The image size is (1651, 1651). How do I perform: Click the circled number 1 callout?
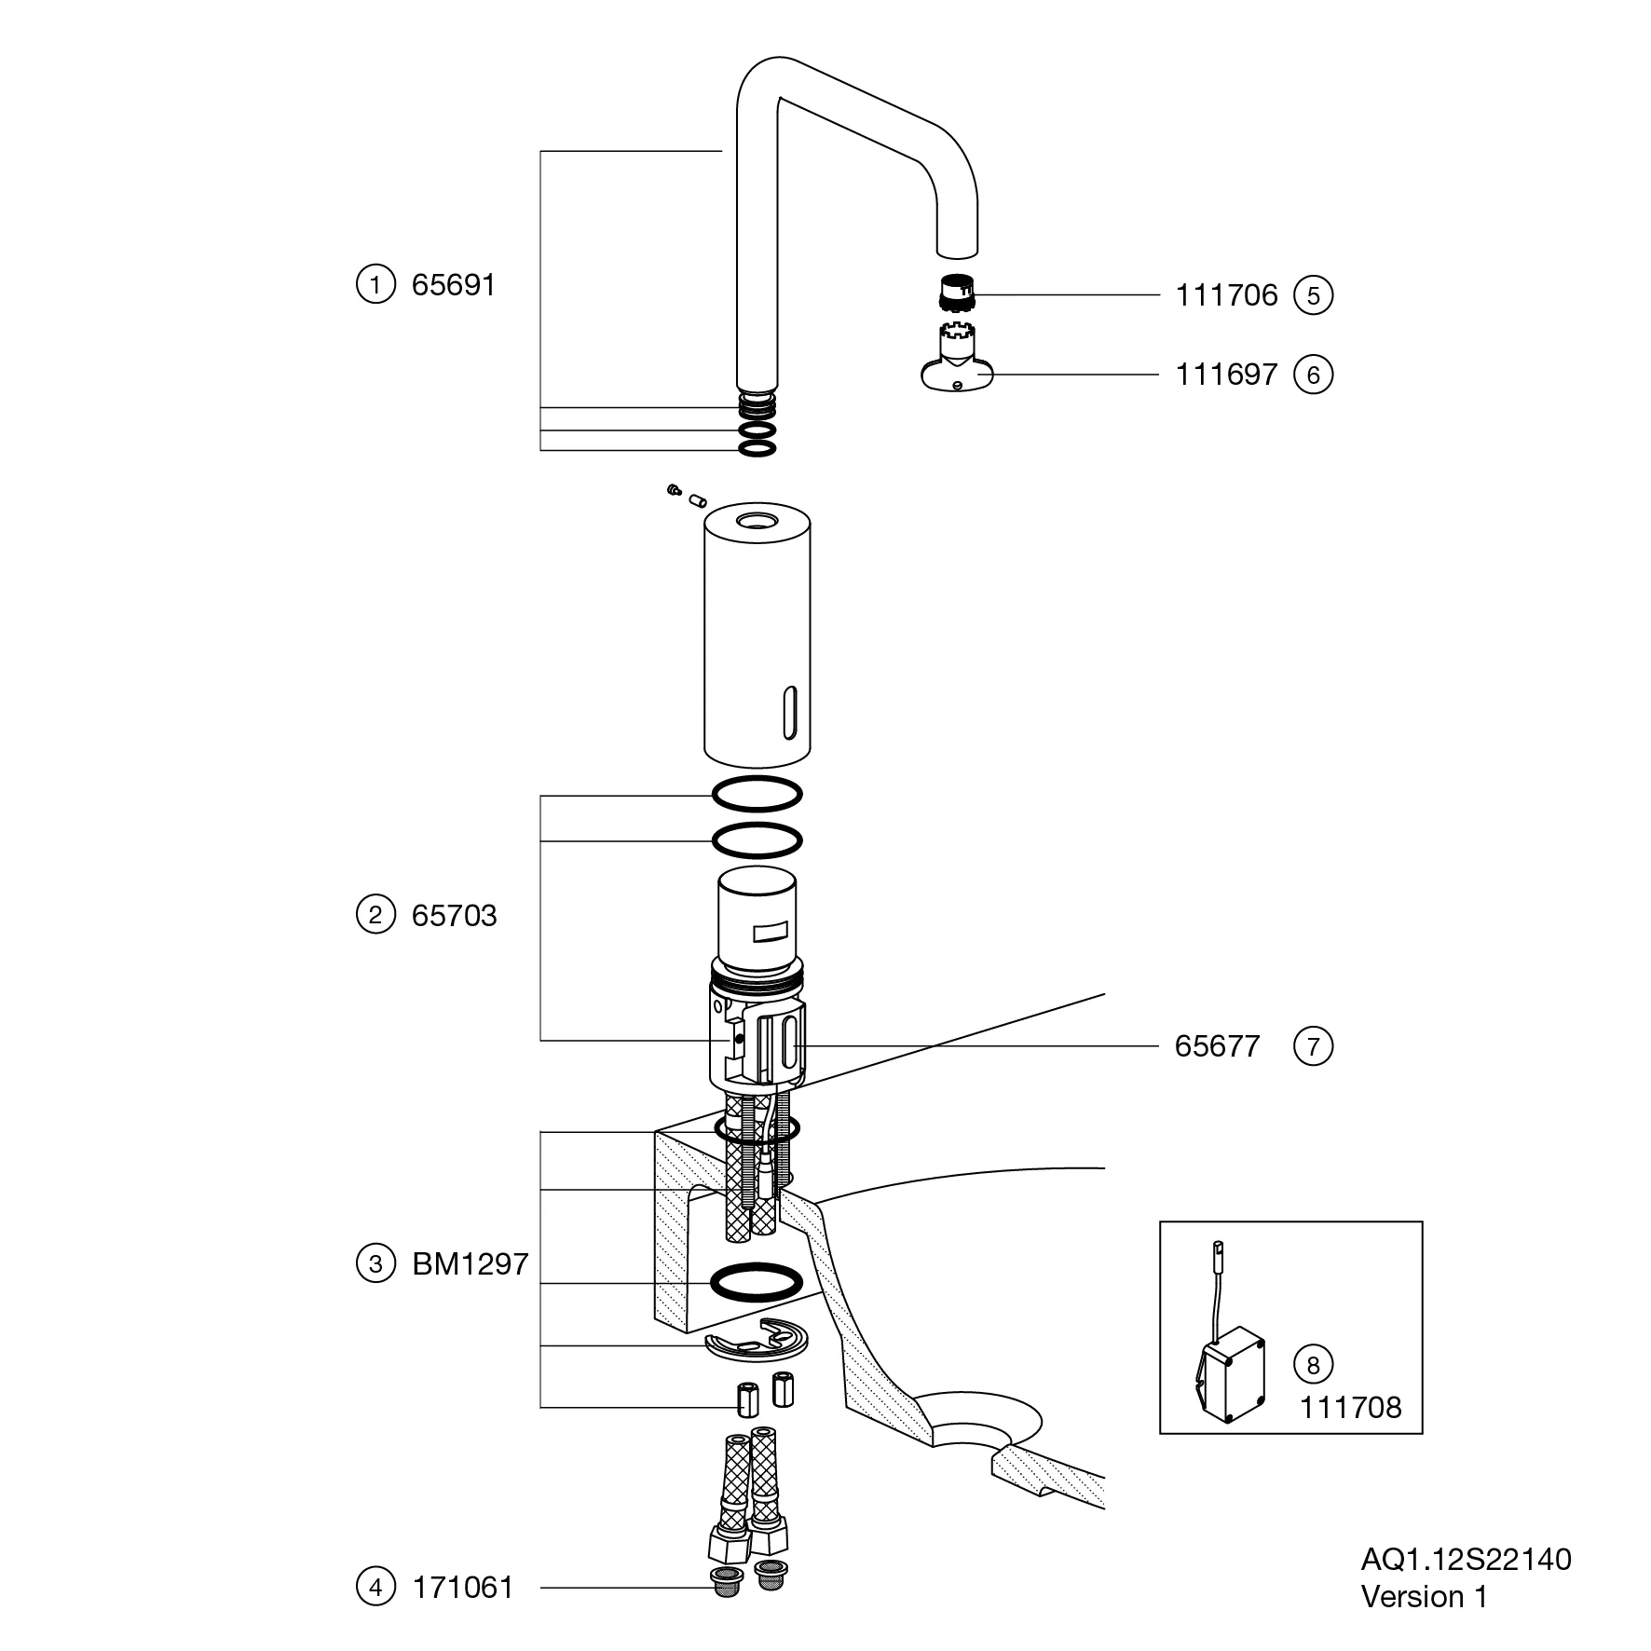(375, 284)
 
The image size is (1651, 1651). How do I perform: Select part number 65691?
(454, 284)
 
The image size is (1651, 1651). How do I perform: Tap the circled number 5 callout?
(1314, 295)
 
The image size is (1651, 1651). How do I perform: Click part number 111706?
(1226, 295)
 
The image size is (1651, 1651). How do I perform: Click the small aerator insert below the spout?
(954, 293)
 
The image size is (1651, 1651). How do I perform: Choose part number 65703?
(454, 915)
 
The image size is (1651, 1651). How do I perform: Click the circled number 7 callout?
(1314, 1046)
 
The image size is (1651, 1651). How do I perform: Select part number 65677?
(1217, 1046)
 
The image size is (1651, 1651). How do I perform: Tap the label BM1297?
(470, 1264)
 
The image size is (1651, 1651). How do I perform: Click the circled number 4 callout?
(375, 1587)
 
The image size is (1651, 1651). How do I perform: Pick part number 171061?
(463, 1587)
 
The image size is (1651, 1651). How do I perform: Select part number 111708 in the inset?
(1350, 1407)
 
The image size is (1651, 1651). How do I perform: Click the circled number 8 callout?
(1314, 1365)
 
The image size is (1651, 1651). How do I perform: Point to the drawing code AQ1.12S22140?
(1466, 1559)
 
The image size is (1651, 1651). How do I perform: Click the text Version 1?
(1424, 1597)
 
